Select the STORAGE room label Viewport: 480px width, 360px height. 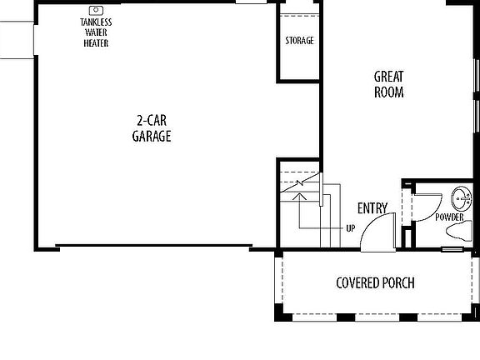(x=299, y=41)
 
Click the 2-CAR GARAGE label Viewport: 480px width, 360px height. (x=152, y=128)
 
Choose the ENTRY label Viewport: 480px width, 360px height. (x=371, y=208)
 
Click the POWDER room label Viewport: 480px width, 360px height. (x=449, y=217)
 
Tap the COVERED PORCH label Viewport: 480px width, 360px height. (x=375, y=282)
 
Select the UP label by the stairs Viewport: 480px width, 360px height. (x=351, y=227)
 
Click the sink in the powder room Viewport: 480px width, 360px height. (x=460, y=199)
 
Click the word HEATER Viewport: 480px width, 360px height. (x=96, y=43)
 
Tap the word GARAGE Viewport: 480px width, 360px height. (x=152, y=137)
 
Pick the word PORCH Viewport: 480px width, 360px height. (x=398, y=282)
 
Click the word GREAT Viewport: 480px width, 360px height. (x=388, y=77)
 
